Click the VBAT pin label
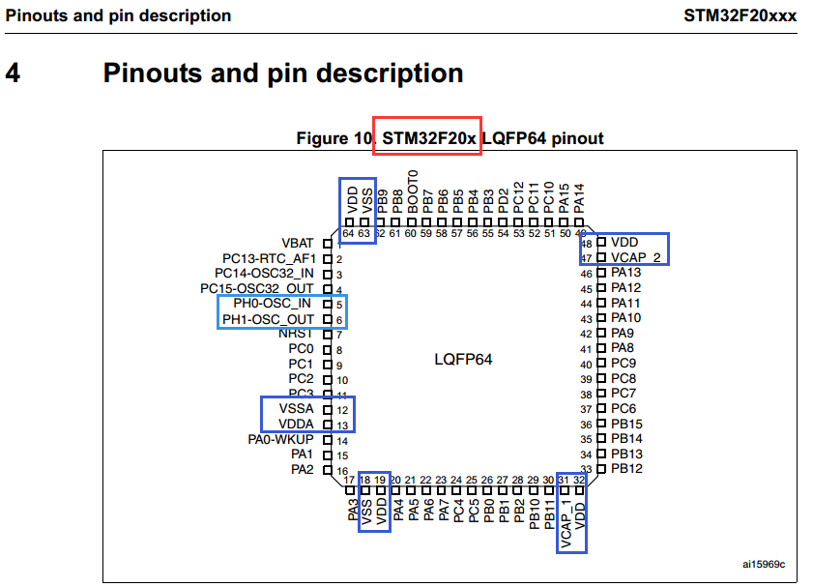(298, 243)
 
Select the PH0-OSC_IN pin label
(272, 304)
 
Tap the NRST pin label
(296, 334)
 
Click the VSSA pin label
(296, 409)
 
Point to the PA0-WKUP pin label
(280, 440)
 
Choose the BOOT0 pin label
(413, 191)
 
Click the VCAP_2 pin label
(636, 258)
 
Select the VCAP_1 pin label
(566, 524)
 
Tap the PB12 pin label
(626, 469)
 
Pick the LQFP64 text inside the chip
(463, 360)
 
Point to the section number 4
(13, 73)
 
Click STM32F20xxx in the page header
(740, 16)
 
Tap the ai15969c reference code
(764, 564)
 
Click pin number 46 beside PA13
(586, 274)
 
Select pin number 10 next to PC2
(342, 380)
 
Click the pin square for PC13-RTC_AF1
(327, 259)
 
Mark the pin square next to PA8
(601, 348)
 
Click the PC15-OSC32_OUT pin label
(256, 288)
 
